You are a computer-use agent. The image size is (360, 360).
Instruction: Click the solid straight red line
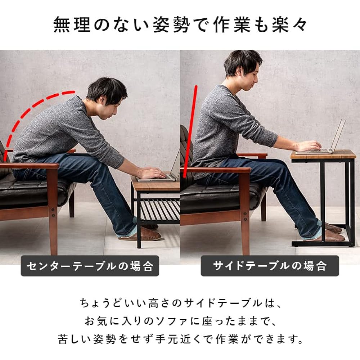click(190, 131)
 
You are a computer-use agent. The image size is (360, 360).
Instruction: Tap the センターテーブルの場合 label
click(90, 266)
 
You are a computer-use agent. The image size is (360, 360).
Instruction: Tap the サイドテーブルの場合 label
click(270, 266)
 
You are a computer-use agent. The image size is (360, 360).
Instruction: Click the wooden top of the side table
click(323, 155)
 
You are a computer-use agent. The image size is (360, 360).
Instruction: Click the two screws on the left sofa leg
click(53, 213)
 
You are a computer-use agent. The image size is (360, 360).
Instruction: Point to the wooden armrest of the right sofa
click(216, 170)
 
